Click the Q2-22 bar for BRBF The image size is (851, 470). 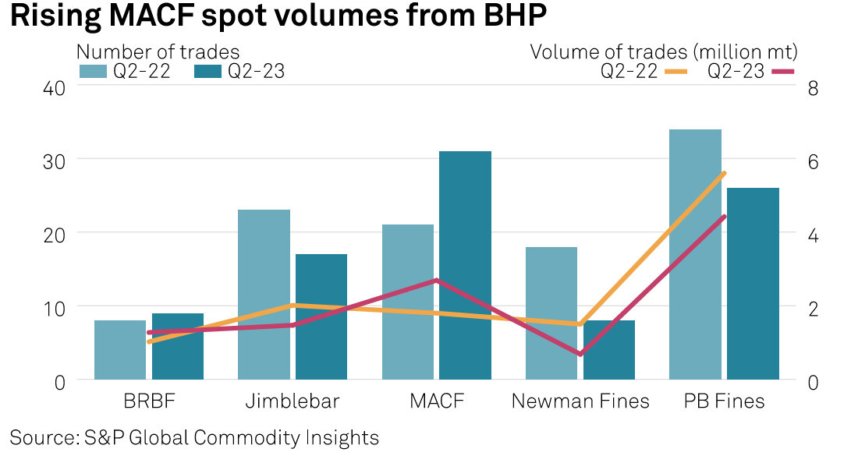pyautogui.click(x=120, y=350)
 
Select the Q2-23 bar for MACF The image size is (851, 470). pyautogui.click(x=465, y=265)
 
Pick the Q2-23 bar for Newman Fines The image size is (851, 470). pyautogui.click(x=609, y=350)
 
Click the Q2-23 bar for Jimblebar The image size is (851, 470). pyautogui.click(x=321, y=316)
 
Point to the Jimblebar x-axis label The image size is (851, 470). pyautogui.click(x=293, y=401)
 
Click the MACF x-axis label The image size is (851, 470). pyautogui.click(x=437, y=401)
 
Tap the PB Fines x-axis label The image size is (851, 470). pyautogui.click(x=725, y=401)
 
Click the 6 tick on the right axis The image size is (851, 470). pyautogui.click(x=812, y=161)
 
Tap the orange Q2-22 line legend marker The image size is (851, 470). pyautogui.click(x=675, y=72)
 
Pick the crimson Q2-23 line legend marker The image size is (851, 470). pyautogui.click(x=782, y=72)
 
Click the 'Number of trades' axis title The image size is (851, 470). pyautogui.click(x=158, y=51)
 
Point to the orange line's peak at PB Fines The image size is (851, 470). pyautogui.click(x=725, y=173)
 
